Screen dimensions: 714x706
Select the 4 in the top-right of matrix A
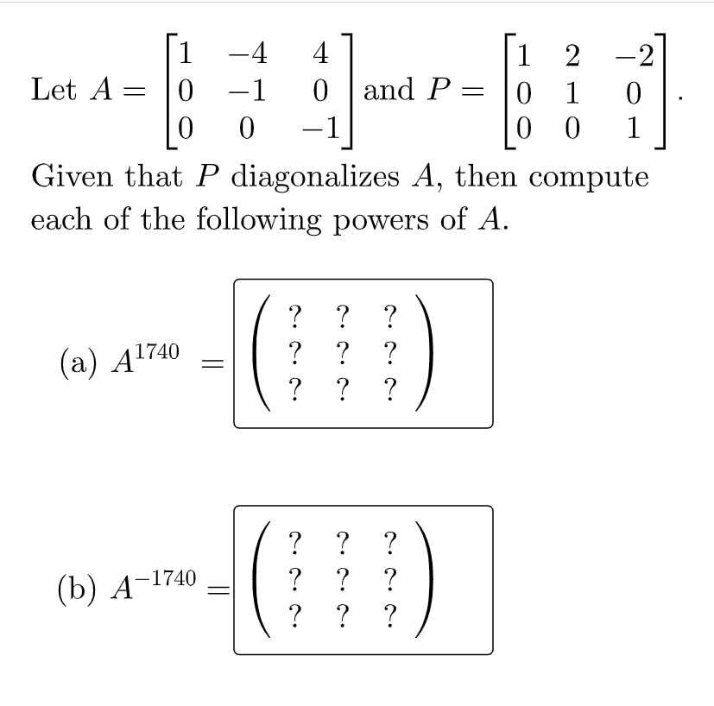(319, 54)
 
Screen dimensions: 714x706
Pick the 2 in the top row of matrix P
(570, 54)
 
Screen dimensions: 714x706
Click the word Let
(52, 89)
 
